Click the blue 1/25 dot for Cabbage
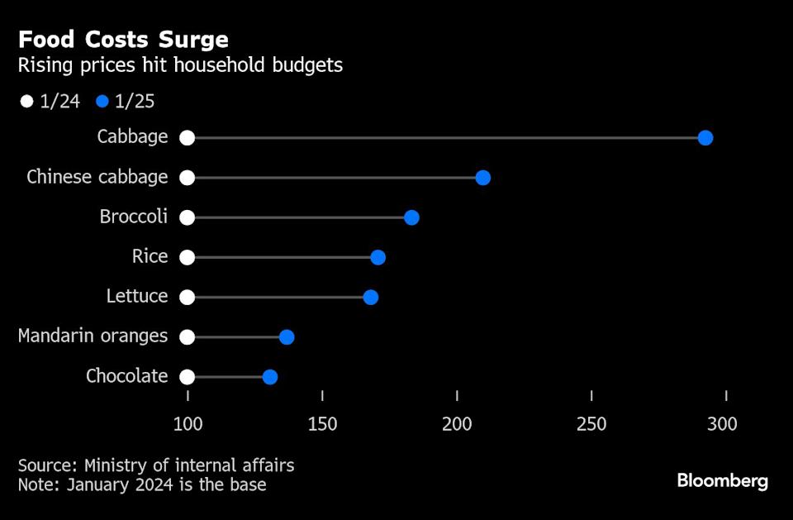click(705, 138)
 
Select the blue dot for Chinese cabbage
click(483, 178)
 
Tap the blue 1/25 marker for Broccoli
click(411, 217)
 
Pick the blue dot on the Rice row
click(378, 257)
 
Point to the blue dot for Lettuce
click(371, 297)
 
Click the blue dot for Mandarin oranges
click(287, 336)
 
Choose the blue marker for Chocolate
click(270, 377)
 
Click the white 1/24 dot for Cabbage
click(188, 138)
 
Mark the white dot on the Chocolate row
click(188, 377)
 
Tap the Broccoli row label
click(134, 217)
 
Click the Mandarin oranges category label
click(93, 336)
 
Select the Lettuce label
click(137, 296)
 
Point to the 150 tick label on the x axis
click(322, 424)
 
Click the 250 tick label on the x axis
click(591, 424)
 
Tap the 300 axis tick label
click(723, 424)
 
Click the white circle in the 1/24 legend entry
click(27, 102)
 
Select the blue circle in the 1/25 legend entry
click(102, 102)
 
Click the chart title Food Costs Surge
click(124, 40)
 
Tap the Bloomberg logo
click(723, 480)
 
